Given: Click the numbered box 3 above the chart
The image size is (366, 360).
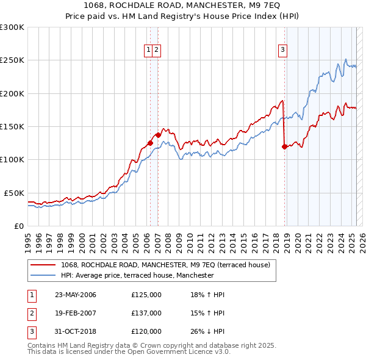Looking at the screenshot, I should pos(283,51).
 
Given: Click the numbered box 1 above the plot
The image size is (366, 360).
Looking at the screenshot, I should pos(149,51).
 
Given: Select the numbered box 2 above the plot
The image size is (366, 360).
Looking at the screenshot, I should pos(156,51).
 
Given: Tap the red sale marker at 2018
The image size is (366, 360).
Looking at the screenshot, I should pos(284,146).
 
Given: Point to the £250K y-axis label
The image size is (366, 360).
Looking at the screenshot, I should pos(12,60).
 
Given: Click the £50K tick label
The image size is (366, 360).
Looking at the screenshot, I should pos(15,193).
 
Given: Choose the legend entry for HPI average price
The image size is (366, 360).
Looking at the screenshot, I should pos(137,275).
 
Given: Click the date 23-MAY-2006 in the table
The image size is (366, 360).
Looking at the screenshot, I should pos(76,295).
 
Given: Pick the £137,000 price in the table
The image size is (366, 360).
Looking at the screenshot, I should pos(146,313).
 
